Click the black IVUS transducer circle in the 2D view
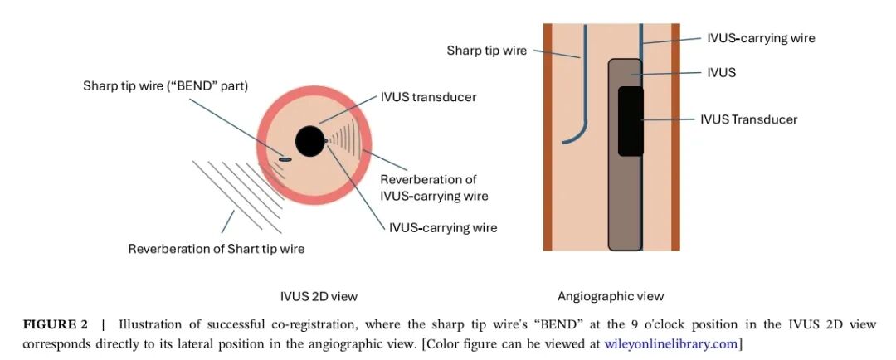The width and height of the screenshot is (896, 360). pyautogui.click(x=309, y=141)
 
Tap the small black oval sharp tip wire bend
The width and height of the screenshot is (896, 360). pyautogui.click(x=285, y=159)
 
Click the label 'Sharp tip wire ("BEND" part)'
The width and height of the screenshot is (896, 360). pyautogui.click(x=165, y=85)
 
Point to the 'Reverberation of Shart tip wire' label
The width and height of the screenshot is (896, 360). pyautogui.click(x=216, y=249)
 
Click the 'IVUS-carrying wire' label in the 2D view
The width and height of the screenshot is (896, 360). pyautogui.click(x=443, y=226)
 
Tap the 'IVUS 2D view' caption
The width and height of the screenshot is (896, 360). pyautogui.click(x=319, y=296)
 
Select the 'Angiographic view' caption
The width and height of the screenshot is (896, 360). pyautogui.click(x=611, y=296)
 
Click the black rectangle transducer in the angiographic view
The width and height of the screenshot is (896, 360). pyautogui.click(x=631, y=121)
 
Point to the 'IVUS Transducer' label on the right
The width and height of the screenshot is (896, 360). pyautogui.click(x=748, y=119)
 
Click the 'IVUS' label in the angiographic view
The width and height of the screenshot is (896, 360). pyautogui.click(x=721, y=73)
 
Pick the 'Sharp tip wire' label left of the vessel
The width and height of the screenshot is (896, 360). pyautogui.click(x=486, y=51)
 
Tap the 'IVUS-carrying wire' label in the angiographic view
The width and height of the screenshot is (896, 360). pyautogui.click(x=761, y=38)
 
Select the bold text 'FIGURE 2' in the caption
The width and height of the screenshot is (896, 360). pyautogui.click(x=55, y=324)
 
